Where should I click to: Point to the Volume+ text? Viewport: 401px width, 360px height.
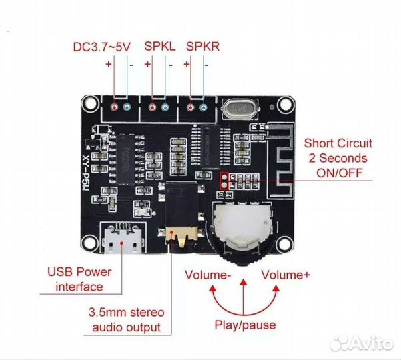(286, 275)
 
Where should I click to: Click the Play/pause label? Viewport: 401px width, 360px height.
(244, 325)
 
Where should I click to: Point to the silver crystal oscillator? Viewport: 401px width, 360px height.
(238, 108)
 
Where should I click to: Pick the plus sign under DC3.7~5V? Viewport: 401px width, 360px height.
(108, 65)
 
